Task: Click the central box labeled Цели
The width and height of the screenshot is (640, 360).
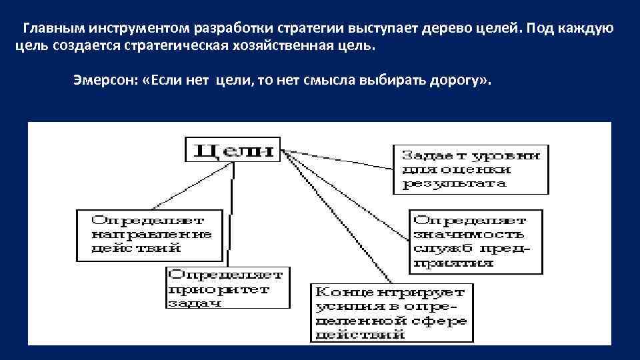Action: point(233,149)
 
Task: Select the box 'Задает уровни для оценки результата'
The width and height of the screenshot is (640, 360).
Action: point(471,169)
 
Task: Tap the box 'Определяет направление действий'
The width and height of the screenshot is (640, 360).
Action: point(149,235)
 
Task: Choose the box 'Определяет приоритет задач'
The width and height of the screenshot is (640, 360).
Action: point(227,287)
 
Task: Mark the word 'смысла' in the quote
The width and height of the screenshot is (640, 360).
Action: point(331,81)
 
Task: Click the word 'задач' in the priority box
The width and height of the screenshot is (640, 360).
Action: point(193,303)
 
